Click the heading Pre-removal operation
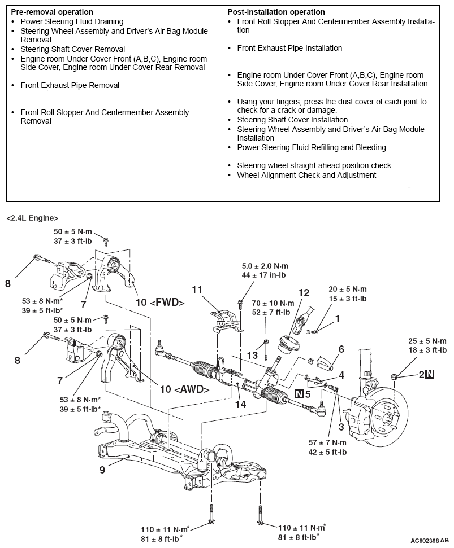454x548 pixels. click(x=52, y=12)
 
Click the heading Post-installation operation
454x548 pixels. click(x=276, y=12)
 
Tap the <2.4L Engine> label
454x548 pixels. click(x=32, y=217)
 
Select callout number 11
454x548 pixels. click(x=197, y=290)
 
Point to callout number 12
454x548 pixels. click(x=304, y=293)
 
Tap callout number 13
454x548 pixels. click(x=252, y=355)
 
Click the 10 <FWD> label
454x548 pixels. click(x=160, y=302)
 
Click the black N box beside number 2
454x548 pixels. click(x=430, y=373)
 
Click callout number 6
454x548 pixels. click(x=340, y=349)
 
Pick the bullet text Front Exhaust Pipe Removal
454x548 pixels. click(x=70, y=85)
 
